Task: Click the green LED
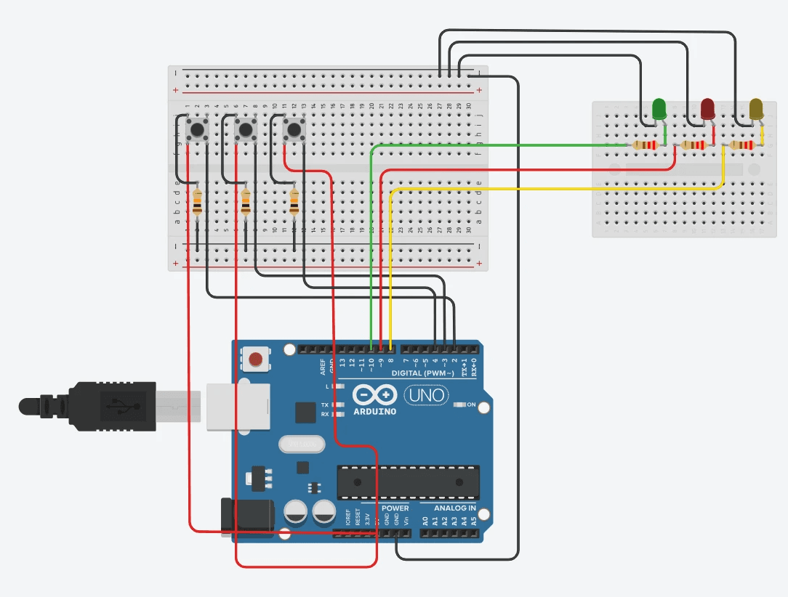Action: click(x=659, y=109)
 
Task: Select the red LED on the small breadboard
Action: click(x=707, y=109)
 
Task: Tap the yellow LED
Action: click(x=756, y=109)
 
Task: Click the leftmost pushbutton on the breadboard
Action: click(x=197, y=131)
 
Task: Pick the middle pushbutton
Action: click(x=246, y=131)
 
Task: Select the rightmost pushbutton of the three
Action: click(x=294, y=131)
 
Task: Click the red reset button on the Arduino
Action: click(x=256, y=359)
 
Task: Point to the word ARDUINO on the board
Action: click(x=374, y=412)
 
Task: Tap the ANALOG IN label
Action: click(x=455, y=508)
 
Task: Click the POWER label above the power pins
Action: click(x=395, y=508)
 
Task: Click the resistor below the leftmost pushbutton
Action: click(x=198, y=203)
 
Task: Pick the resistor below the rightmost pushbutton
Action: click(x=294, y=203)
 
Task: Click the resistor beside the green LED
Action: click(x=645, y=145)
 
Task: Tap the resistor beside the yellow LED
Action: click(x=742, y=145)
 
